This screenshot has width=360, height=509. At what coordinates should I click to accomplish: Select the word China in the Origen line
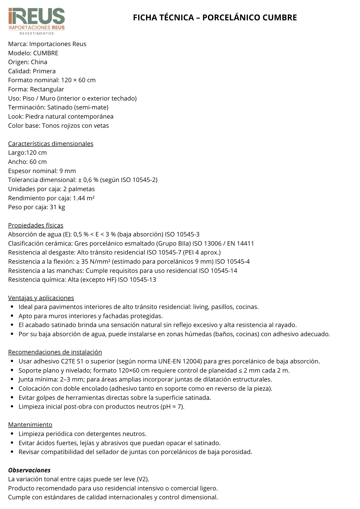(39, 62)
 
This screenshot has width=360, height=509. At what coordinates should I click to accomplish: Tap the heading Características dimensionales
(51, 144)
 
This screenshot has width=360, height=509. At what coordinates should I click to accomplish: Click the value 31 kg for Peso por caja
(57, 207)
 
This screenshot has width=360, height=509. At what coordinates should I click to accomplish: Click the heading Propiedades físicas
(36, 225)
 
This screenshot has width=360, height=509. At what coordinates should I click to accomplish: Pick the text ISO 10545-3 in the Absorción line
(182, 234)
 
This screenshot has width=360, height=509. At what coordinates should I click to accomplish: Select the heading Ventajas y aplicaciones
(41, 298)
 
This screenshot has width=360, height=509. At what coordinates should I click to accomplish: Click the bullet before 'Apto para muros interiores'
(12, 316)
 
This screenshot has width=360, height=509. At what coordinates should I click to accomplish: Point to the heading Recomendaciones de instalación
(55, 352)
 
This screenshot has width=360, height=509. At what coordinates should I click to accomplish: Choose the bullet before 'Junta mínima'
(12, 379)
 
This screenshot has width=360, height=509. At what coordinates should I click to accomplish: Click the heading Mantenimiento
(30, 425)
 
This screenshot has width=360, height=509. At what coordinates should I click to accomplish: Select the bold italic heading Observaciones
(29, 470)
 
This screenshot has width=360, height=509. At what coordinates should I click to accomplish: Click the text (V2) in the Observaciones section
(143, 479)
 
